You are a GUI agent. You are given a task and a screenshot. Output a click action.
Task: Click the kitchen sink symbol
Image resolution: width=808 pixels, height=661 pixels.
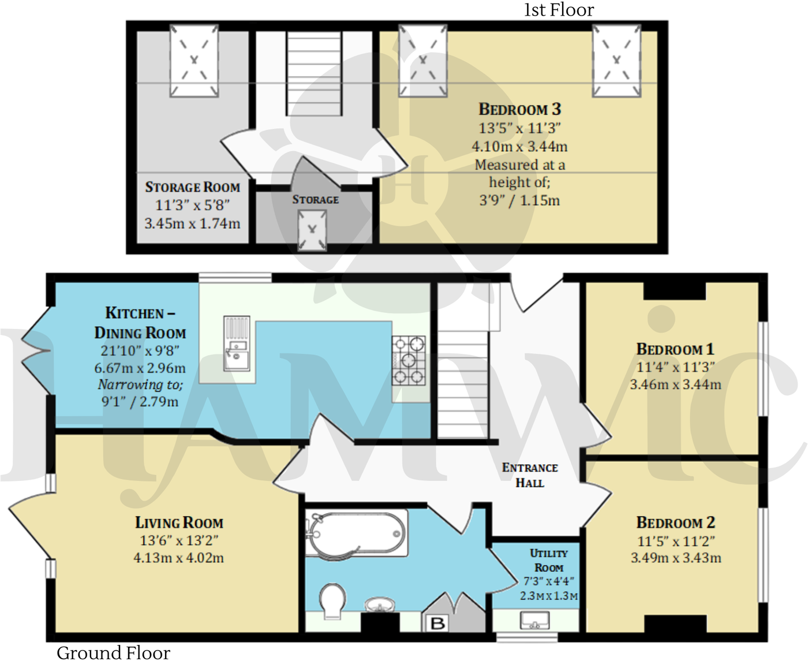click(x=237, y=344)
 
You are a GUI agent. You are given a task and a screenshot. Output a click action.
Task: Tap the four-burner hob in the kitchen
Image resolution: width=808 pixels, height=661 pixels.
click(x=409, y=361)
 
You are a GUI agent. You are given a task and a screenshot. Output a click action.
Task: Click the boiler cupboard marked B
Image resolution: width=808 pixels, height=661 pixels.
click(x=437, y=623)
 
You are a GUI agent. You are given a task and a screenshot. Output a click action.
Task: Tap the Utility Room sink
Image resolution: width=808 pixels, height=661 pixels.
click(x=534, y=621)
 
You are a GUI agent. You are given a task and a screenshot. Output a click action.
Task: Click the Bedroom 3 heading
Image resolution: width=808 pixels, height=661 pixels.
click(x=519, y=109)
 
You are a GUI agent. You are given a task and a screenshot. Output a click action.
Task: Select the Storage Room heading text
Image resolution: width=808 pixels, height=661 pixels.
click(x=192, y=187)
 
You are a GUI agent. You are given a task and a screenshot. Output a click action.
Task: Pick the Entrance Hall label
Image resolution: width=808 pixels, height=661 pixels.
click(x=530, y=475)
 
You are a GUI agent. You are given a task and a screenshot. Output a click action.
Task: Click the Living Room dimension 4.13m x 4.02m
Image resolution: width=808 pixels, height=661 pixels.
click(x=179, y=558)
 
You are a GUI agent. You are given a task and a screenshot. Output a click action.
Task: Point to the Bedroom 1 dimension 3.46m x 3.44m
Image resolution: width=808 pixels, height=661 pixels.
click(x=675, y=384)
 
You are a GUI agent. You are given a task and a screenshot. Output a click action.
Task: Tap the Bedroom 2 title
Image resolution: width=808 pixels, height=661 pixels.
click(x=675, y=522)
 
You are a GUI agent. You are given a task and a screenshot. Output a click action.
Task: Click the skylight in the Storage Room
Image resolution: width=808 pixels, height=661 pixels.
click(x=194, y=61)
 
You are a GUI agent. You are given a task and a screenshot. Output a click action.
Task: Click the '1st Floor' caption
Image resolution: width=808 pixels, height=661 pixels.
click(x=559, y=10)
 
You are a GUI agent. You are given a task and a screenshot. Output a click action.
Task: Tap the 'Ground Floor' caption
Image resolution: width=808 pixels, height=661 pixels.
click(x=113, y=652)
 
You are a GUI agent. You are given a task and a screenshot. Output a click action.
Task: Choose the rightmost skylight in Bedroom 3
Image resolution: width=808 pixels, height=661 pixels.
click(x=616, y=61)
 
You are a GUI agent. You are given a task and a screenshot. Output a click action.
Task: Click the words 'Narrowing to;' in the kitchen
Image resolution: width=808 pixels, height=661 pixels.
click(x=140, y=384)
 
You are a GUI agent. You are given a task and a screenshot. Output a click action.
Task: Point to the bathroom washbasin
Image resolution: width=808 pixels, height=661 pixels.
click(x=380, y=604)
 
